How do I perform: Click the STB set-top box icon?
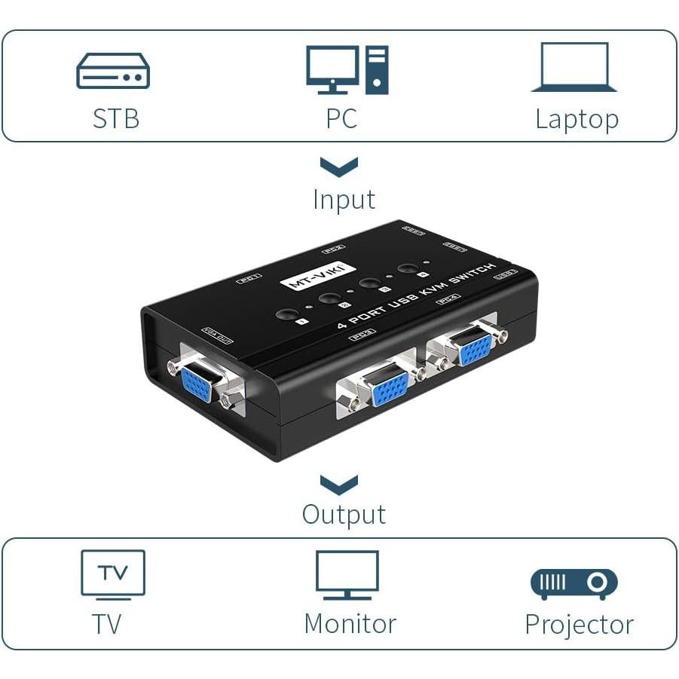point(113,71)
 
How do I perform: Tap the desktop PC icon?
point(347,69)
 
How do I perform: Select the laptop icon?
point(574,68)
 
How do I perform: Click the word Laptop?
point(577,119)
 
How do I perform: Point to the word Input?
point(344,200)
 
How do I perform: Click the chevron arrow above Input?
point(339,167)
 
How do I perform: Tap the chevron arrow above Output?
point(339,484)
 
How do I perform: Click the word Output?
point(344,515)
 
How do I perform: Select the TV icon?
point(113,575)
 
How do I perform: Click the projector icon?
point(574,583)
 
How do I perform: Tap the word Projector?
point(579,625)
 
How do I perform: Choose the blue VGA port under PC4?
point(475,349)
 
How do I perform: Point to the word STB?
point(116,119)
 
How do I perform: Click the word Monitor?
point(350,624)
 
